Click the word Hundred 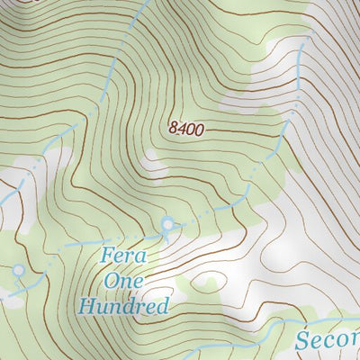point(123,305)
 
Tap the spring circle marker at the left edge point(18,269)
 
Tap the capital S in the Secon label point(304,340)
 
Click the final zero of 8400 point(200,129)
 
